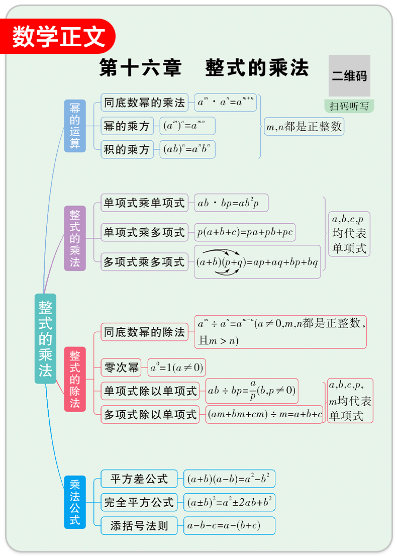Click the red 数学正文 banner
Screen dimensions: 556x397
(x=59, y=36)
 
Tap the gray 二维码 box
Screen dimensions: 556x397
(x=349, y=76)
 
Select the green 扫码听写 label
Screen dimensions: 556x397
(x=349, y=106)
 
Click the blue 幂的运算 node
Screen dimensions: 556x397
(x=75, y=126)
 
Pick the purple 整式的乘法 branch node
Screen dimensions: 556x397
(x=75, y=238)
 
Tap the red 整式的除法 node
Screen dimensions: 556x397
(x=75, y=379)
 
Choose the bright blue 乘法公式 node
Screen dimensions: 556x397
(x=75, y=502)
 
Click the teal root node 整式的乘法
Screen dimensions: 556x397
(x=45, y=338)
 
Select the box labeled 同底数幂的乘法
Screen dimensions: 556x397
(x=144, y=103)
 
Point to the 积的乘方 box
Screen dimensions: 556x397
(x=127, y=149)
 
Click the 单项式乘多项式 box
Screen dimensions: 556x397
(x=144, y=232)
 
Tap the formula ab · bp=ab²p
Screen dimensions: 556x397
(x=231, y=203)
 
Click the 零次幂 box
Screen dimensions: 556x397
(x=121, y=367)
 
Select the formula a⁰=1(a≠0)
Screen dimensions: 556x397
(x=176, y=367)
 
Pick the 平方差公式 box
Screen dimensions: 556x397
(x=139, y=479)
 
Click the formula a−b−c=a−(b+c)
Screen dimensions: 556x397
(x=229, y=526)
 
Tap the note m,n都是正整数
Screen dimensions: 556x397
(x=304, y=127)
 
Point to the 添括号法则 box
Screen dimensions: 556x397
(x=139, y=526)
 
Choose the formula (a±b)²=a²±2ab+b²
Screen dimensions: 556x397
(x=229, y=502)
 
